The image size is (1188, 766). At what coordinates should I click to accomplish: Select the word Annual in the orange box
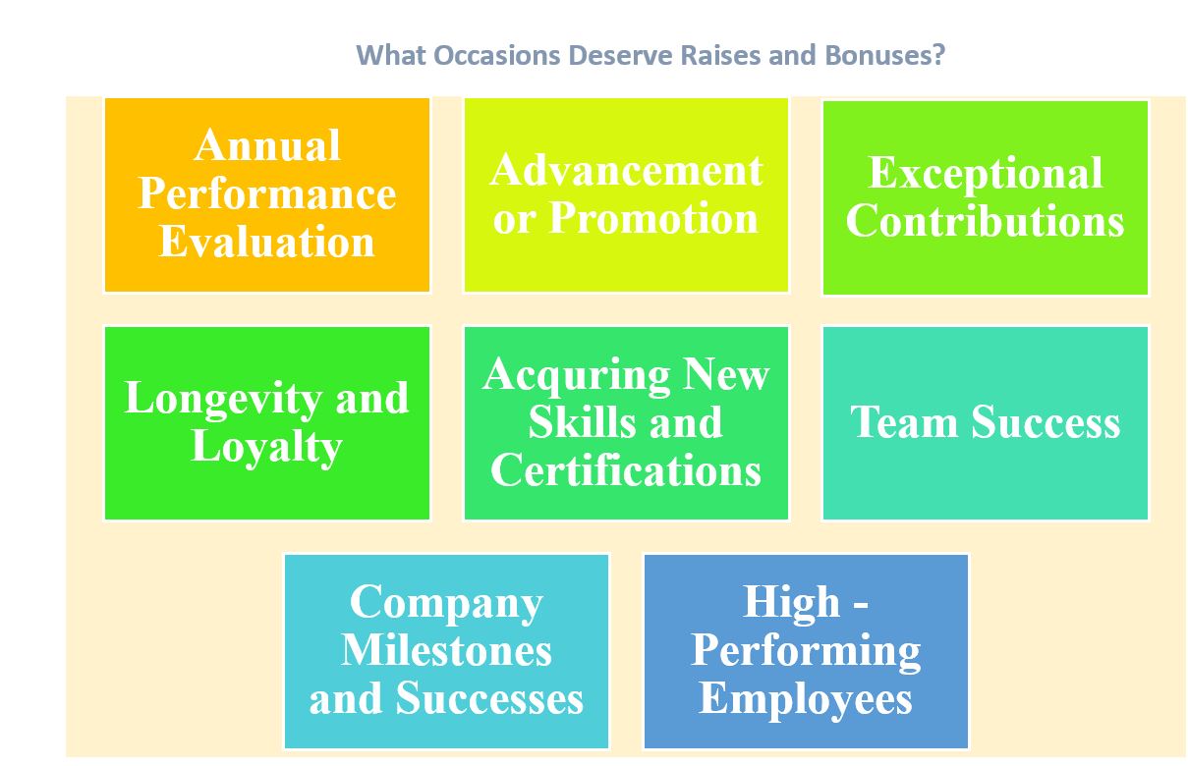[x=267, y=145]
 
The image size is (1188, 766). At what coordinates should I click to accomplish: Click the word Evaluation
[x=267, y=242]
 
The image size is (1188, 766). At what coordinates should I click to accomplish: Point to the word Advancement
[x=626, y=170]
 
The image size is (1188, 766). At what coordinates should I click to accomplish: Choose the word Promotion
[x=653, y=218]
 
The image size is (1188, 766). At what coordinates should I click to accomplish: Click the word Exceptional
[x=986, y=173]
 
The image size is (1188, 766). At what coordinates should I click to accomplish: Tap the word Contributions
[x=986, y=221]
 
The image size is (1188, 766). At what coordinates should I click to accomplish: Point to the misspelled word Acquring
[x=577, y=376]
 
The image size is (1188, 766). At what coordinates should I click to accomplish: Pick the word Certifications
[x=626, y=470]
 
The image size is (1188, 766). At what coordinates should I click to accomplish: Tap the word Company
[x=446, y=604]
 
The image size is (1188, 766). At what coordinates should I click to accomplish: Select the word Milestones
[x=446, y=650]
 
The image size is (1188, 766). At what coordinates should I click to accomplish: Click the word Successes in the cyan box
[x=489, y=698]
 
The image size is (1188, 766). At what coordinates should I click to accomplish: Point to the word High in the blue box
[x=792, y=603]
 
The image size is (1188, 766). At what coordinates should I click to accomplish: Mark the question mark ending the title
[x=938, y=55]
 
